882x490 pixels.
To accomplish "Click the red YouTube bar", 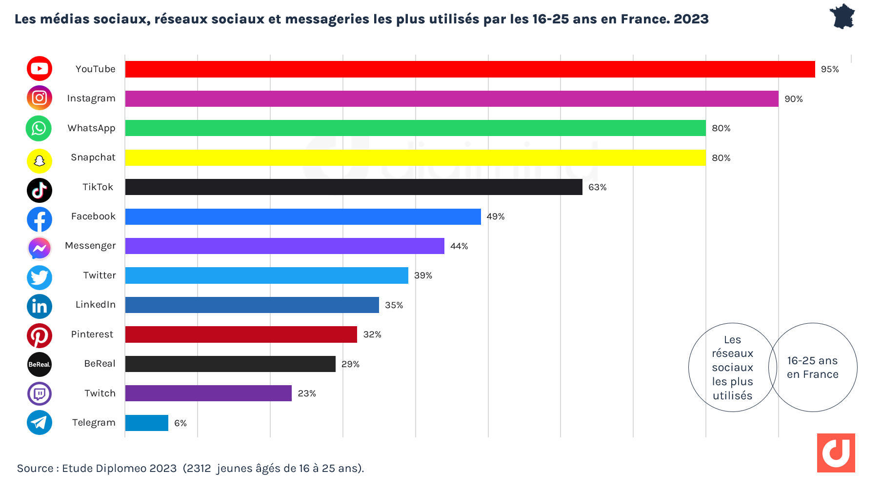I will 470,69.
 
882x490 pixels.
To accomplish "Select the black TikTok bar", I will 354,187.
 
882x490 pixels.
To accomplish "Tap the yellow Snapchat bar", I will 415,157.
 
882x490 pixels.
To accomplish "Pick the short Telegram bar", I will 147,423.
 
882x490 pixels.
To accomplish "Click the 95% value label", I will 829,69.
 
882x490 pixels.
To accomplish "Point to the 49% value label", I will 495,216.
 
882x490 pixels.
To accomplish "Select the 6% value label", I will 180,423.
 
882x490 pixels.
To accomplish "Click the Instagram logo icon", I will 39,98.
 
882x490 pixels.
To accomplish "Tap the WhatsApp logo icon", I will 39,128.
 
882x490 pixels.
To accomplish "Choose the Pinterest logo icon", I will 39,335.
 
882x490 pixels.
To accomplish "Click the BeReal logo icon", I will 39,364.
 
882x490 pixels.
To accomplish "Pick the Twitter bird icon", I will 39,277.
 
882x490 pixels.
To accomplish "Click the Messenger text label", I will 90,246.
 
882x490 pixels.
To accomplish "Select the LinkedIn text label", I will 96,305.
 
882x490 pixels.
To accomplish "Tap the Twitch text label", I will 100,393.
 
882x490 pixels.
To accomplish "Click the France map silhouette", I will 842,17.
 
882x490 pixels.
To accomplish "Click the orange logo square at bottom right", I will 836,452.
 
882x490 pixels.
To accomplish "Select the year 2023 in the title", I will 691,19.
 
